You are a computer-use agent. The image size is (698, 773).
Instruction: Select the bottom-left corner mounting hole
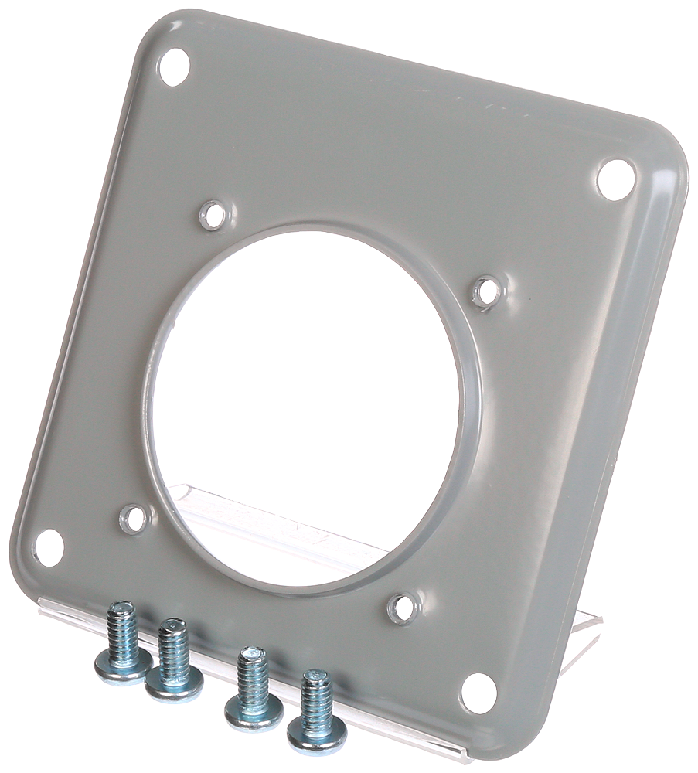coord(49,546)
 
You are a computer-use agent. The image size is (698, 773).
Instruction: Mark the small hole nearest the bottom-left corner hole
coord(134,518)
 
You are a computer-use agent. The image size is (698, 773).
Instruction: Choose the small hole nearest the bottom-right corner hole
coord(403,608)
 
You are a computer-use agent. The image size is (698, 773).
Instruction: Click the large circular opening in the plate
coord(313,402)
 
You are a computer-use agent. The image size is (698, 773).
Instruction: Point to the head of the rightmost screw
coord(317,734)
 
